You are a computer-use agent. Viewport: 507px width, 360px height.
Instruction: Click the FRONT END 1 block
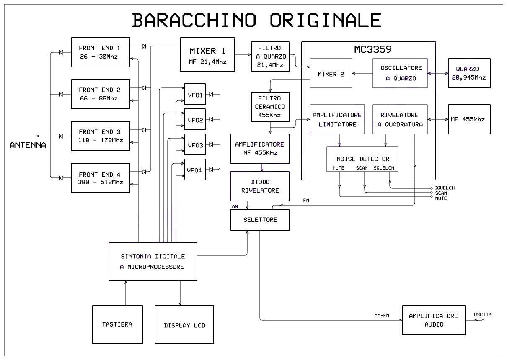(x=101, y=52)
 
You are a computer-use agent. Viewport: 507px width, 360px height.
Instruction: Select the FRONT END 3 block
(x=101, y=136)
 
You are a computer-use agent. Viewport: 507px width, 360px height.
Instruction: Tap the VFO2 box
(x=195, y=120)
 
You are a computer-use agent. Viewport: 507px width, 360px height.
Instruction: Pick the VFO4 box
(x=195, y=170)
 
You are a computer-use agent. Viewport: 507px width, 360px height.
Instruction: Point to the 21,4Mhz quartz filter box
(x=270, y=57)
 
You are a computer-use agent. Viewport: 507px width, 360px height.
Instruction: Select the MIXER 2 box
(x=331, y=74)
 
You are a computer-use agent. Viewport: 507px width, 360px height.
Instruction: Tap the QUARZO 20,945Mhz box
(x=469, y=73)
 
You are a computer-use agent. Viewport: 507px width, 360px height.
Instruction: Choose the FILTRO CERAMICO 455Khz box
(x=270, y=107)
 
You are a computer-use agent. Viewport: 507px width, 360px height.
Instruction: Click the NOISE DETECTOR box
(x=362, y=159)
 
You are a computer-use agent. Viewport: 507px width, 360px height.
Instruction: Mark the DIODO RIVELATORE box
(x=260, y=186)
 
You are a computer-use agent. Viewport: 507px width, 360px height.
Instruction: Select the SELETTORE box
(x=260, y=220)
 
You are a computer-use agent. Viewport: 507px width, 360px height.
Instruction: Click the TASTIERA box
(x=117, y=324)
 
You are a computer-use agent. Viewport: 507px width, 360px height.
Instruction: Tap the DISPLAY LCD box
(x=184, y=325)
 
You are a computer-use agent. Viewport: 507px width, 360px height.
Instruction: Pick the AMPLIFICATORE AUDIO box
(x=433, y=320)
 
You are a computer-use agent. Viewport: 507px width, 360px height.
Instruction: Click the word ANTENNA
(x=28, y=146)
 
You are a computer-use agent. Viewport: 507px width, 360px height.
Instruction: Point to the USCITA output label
(x=483, y=314)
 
